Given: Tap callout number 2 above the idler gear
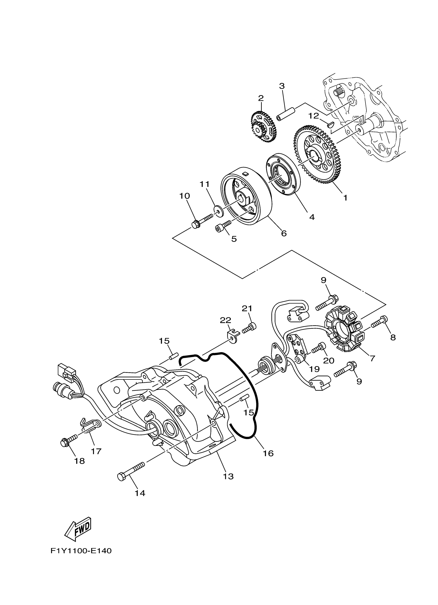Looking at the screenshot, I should coord(261,98).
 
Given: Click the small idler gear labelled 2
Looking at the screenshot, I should coord(263,127).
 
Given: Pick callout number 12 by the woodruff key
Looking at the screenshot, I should coord(314,116).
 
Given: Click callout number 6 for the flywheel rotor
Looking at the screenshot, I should coord(284,233).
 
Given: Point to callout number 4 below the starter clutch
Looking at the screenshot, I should coord(312,217).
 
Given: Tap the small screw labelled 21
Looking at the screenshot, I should coord(249,328).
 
